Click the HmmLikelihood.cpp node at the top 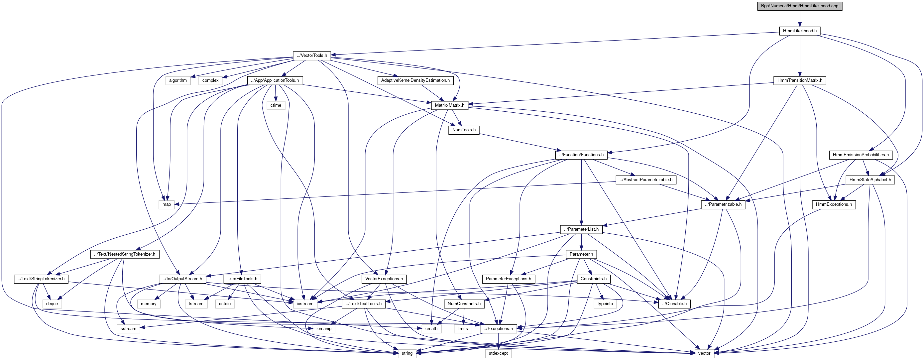point(800,6)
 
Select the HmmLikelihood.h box point(800,31)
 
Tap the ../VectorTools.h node point(312,56)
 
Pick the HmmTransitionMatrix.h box point(800,80)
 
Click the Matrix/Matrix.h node point(449,105)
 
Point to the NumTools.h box point(464,130)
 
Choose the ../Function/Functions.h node point(581,155)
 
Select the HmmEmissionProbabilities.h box point(861,155)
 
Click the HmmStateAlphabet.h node point(870,180)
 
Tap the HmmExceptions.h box point(834,204)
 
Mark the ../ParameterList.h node point(581,229)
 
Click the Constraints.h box point(594,279)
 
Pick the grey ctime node point(276,105)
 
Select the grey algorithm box point(178,80)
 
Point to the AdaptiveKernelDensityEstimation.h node point(415,80)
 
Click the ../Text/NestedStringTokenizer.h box point(124,254)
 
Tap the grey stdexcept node point(498,353)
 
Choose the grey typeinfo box point(605,304)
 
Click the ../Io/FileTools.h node point(242,279)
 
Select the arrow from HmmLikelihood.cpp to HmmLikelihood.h point(800,19)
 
